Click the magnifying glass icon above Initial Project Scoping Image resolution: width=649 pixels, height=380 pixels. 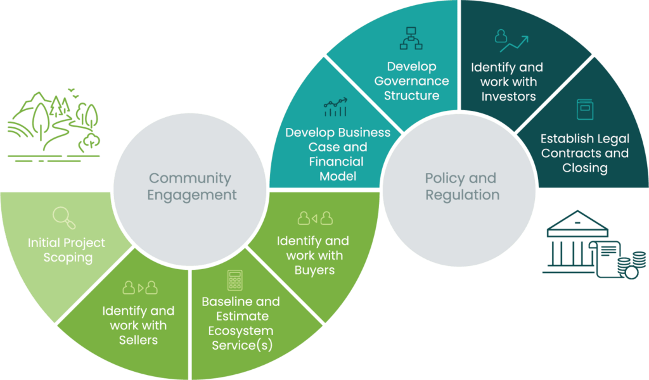tap(64, 218)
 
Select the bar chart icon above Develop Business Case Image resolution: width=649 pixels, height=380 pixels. tap(335, 108)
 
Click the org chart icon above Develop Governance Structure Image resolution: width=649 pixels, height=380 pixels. tap(411, 39)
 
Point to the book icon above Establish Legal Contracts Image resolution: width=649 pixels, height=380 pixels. tap(584, 109)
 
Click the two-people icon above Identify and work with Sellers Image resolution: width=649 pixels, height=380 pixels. tap(139, 288)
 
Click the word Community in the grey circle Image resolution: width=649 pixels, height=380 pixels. tap(190, 179)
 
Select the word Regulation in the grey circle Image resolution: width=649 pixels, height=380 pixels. tap(462, 194)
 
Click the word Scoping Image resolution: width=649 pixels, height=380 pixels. tap(68, 258)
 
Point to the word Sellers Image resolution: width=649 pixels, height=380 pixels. tap(138, 340)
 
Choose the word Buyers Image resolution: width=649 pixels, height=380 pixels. tap(314, 270)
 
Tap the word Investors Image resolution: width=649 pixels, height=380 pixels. tap(508, 96)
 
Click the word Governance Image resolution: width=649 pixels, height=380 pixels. tap(411, 81)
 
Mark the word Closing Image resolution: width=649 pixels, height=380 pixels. tap(584, 168)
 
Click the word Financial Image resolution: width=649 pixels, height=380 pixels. tap(337, 161)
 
